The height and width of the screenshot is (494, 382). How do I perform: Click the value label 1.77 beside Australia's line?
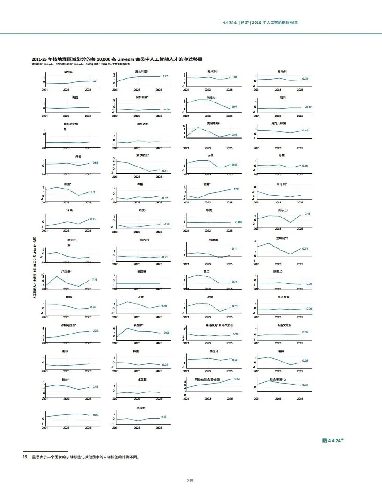[x=165, y=76]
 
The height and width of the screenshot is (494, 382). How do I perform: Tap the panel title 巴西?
[x=75, y=97]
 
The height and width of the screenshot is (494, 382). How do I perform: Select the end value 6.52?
[x=237, y=378]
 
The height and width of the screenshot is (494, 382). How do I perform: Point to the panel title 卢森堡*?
[x=66, y=271]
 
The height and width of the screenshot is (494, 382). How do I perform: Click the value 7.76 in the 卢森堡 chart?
[x=95, y=280]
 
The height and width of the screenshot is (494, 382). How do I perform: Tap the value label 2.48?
[x=308, y=213]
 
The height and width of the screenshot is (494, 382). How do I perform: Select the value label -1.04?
[x=166, y=109]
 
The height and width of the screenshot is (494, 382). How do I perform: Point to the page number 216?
[x=190, y=481]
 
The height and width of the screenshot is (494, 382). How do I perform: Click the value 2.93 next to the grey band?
[x=235, y=134]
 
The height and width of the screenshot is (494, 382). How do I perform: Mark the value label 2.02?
[x=95, y=331]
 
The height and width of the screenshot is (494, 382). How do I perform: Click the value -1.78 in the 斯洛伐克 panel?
[x=235, y=334]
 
